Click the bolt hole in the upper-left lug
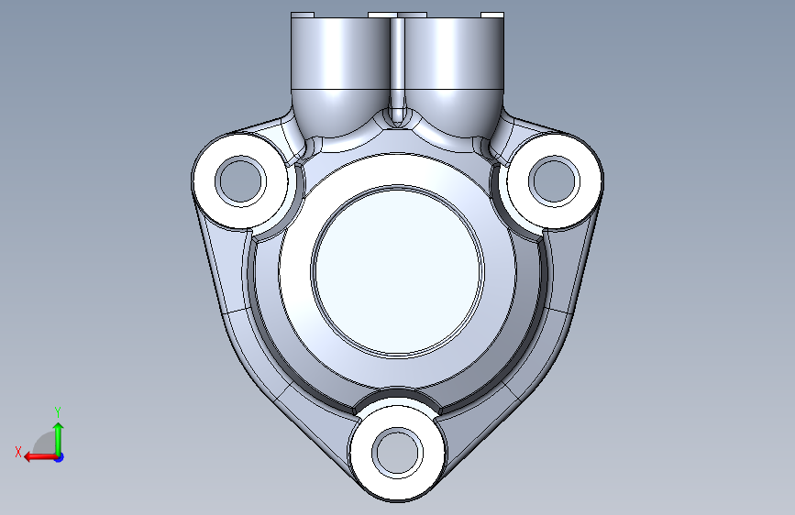pos(241,181)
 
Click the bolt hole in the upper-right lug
pos(554,181)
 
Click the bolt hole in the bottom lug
pos(398,453)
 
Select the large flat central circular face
pos(398,271)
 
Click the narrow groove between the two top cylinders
pos(398,71)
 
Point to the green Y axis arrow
pos(59,439)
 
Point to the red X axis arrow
pos(40,456)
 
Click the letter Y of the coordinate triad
pos(58,412)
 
